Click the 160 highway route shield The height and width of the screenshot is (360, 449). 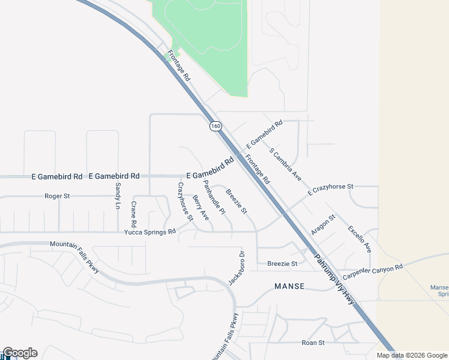[x=215, y=127]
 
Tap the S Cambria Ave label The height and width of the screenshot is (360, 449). [x=285, y=164]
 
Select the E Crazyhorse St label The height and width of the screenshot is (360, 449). [x=331, y=190]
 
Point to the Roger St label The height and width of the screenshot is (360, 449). [x=58, y=196]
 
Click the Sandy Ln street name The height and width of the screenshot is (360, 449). [x=118, y=196]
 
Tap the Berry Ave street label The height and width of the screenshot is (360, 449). [x=200, y=207]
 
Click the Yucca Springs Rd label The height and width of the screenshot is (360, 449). [x=150, y=232]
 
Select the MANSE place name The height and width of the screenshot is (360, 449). [x=289, y=287]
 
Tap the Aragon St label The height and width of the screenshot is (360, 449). [x=322, y=225]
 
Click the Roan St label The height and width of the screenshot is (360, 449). [x=313, y=343]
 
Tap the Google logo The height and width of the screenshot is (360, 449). [x=20, y=353]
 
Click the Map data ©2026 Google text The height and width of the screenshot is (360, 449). [x=412, y=355]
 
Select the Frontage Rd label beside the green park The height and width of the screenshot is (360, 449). [x=179, y=65]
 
